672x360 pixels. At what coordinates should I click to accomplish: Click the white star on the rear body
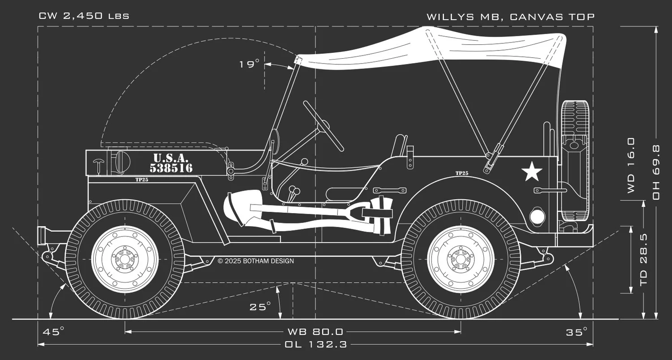tap(532, 171)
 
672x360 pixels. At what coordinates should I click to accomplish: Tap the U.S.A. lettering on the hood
tap(171, 158)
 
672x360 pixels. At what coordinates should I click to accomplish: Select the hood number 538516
tap(171, 168)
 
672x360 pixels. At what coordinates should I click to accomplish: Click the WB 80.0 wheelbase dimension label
tap(315, 332)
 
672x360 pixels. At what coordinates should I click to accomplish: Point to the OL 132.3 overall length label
tap(316, 344)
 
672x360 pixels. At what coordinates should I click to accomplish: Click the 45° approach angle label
tap(53, 332)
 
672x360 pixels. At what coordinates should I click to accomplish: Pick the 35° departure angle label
tap(576, 332)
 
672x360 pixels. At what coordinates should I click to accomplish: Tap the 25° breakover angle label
tap(260, 306)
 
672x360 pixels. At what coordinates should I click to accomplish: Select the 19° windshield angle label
tap(249, 64)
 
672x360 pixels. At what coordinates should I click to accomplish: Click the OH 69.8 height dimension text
tap(656, 172)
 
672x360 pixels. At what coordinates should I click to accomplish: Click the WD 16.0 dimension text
tap(631, 165)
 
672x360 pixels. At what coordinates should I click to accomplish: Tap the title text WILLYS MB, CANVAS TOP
tap(510, 17)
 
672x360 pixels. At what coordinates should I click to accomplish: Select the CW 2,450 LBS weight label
tap(84, 16)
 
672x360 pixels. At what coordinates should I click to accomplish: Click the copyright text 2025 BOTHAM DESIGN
tap(256, 261)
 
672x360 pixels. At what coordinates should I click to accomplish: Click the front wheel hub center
tap(125, 259)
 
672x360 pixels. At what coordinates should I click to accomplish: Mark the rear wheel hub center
tap(461, 259)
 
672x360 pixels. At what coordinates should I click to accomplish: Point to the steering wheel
tap(323, 126)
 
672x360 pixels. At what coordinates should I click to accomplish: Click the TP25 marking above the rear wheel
tap(462, 173)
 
